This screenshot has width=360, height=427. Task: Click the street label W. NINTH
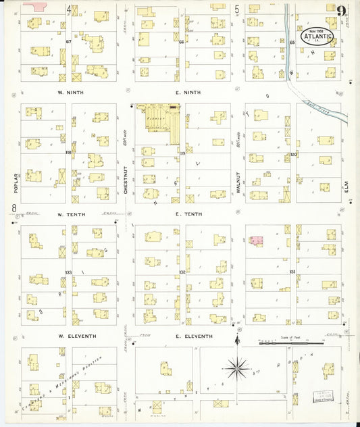pos(70,92)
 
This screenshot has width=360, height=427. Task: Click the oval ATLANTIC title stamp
pos(317,36)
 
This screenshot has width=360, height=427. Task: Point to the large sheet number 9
pos(343,11)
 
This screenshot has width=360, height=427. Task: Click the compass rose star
pos(237,368)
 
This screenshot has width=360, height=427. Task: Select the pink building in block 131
pos(257,241)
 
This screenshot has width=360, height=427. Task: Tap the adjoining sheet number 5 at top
pos(237,9)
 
